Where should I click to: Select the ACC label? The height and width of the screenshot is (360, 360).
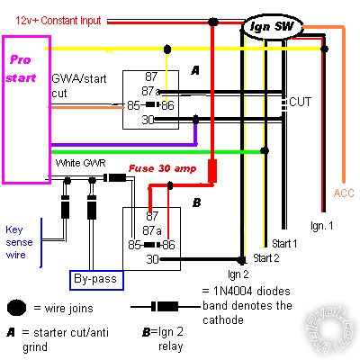pos(344,193)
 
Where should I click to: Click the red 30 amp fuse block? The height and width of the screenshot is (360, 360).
pos(212,171)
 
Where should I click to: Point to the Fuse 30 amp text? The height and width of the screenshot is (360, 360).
pos(162,168)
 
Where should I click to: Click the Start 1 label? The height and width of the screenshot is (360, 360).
pos(284,244)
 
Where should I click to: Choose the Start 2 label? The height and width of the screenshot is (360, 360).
pos(266,258)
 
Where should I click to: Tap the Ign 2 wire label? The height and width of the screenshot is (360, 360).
pos(238,274)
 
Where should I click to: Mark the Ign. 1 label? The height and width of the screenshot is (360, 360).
pos(321,226)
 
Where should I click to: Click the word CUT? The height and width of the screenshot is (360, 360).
pos(300,102)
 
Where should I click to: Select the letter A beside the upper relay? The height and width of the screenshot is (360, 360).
pos(195,70)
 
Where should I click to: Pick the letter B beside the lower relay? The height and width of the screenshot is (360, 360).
pos(196,202)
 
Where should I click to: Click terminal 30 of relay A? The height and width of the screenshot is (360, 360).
pos(148,120)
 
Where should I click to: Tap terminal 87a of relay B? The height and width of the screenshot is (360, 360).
pos(152,230)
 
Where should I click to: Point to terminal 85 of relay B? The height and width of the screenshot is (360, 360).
pos(134,245)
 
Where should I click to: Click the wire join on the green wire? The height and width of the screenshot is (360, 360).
pos(265,150)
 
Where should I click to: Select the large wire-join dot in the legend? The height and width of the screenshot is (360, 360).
pos(16,308)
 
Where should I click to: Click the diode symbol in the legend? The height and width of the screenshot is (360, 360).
pos(166,307)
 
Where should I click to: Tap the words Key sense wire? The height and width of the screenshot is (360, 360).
pos(19,242)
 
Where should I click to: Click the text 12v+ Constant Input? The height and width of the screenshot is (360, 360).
pos(58,21)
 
